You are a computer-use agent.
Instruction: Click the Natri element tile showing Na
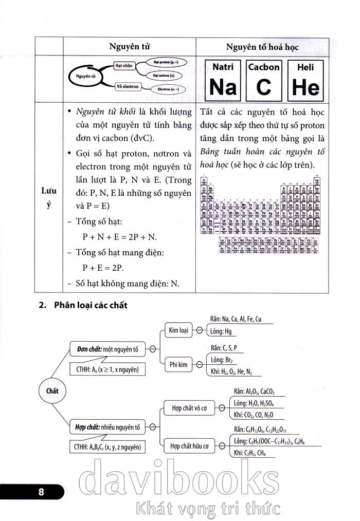tap(223, 80)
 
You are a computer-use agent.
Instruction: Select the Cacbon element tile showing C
tap(264, 80)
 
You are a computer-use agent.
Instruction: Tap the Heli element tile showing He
tap(305, 80)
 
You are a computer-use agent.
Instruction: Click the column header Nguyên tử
tap(129, 46)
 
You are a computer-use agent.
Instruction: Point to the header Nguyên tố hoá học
tap(262, 46)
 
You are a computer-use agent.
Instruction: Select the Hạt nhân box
tap(124, 66)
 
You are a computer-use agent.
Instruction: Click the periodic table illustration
tap(263, 214)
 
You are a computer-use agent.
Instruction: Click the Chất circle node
tap(52, 390)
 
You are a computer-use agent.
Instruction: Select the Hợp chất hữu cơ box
tap(190, 446)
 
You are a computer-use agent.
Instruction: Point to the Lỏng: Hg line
tap(221, 331)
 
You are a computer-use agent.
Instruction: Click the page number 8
tap(41, 492)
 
